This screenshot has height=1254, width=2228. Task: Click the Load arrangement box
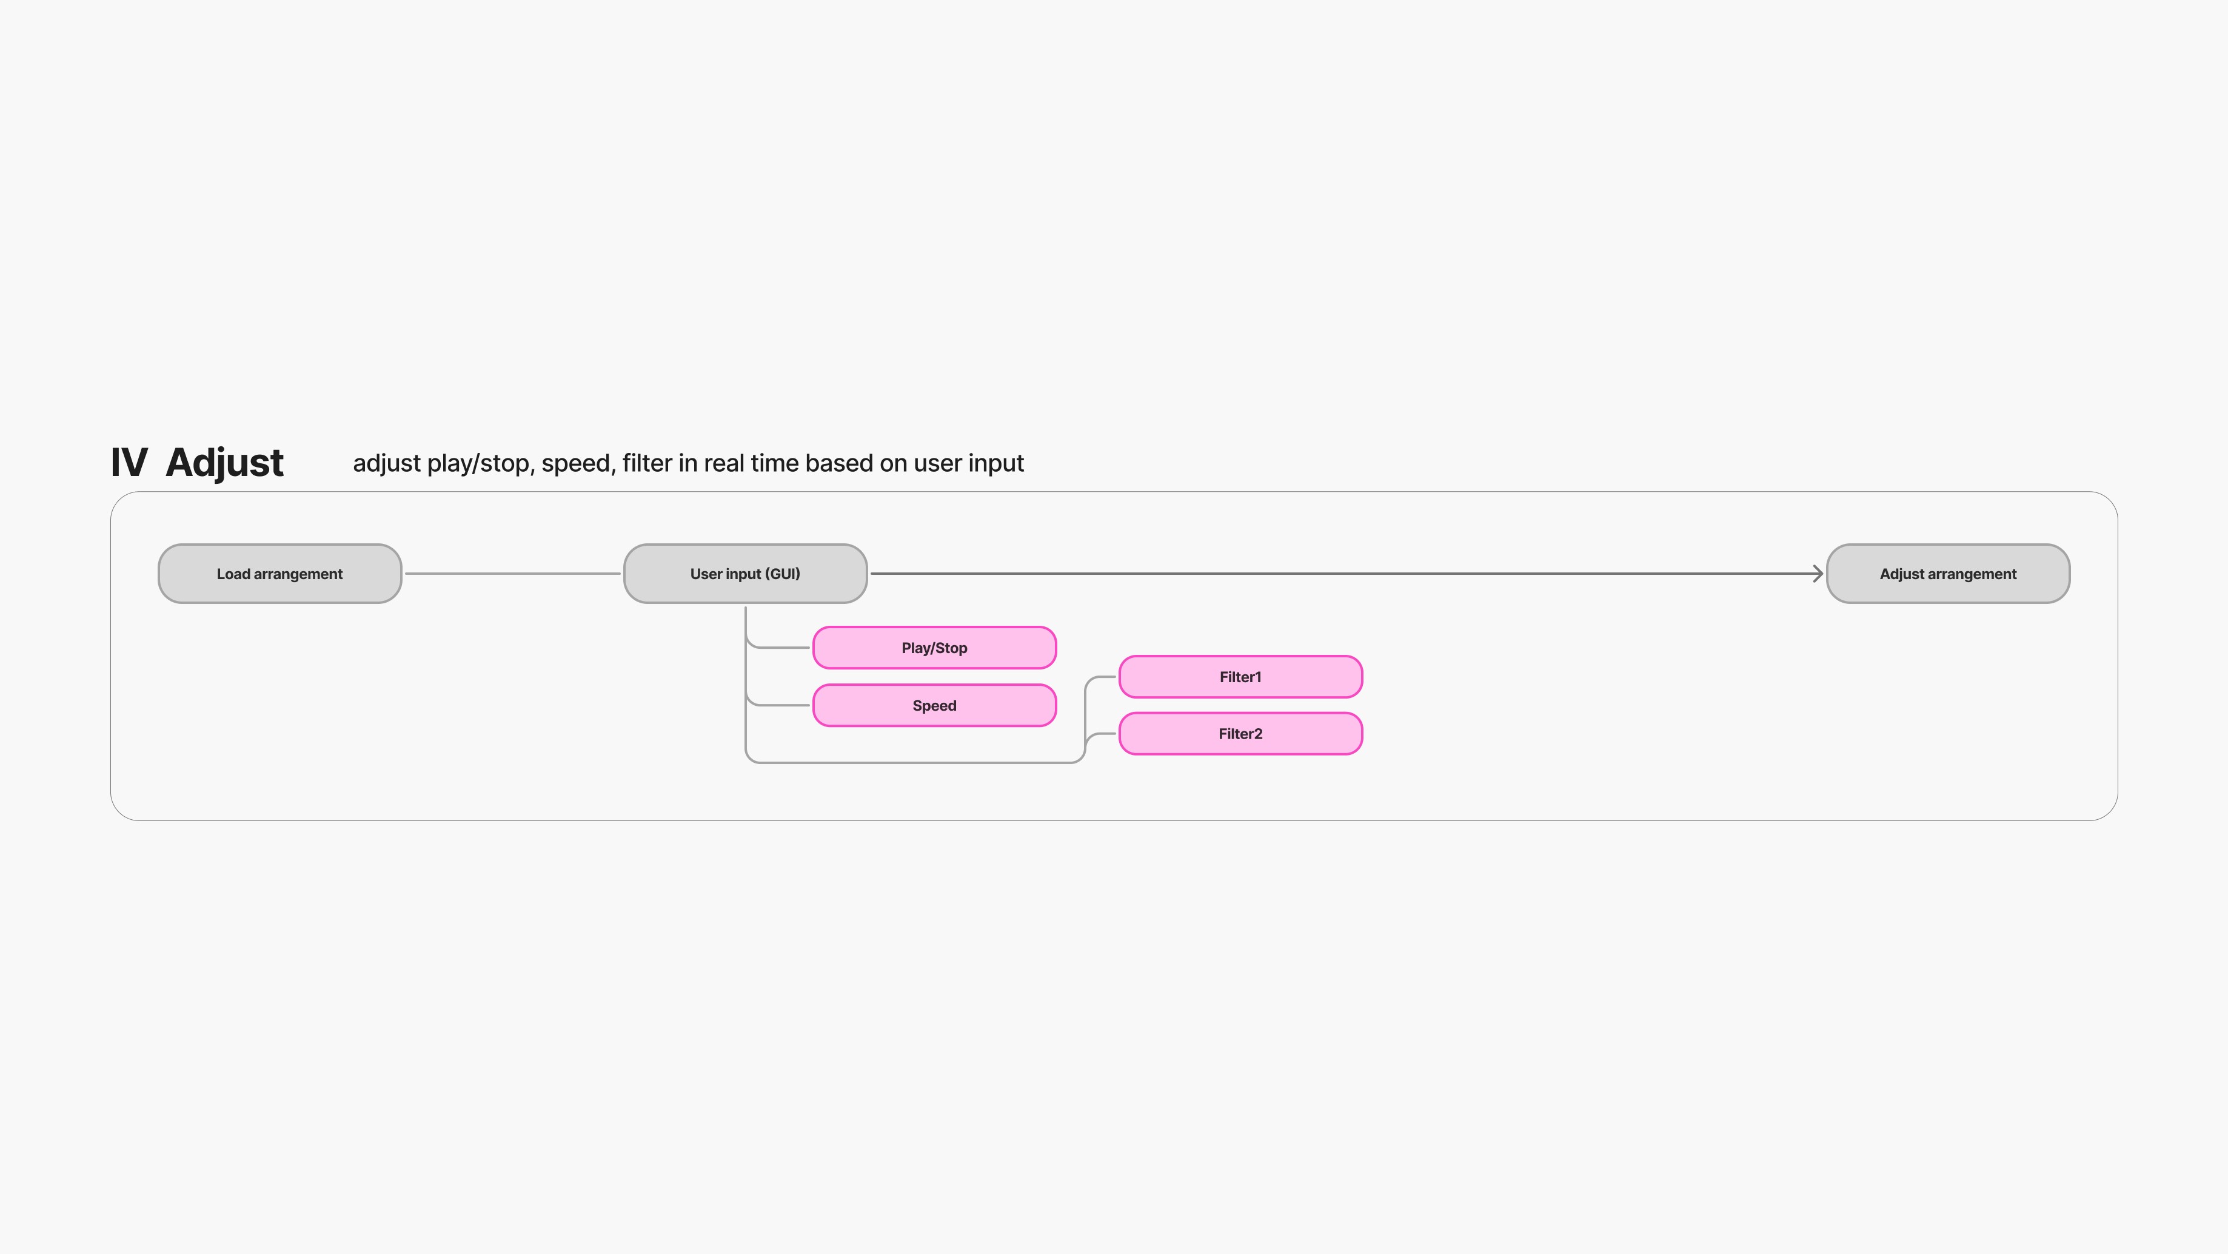(279, 574)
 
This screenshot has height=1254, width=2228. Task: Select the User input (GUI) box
(744, 574)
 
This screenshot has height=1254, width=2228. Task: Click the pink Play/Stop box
(934, 648)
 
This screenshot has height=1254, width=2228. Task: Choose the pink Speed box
(934, 706)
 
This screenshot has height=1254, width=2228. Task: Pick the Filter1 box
(1240, 677)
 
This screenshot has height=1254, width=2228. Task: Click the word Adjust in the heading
(224, 463)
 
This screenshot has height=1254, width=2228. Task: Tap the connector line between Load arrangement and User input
(512, 574)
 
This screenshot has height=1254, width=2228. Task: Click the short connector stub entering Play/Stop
(787, 648)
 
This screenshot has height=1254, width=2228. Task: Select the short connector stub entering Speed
(787, 706)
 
